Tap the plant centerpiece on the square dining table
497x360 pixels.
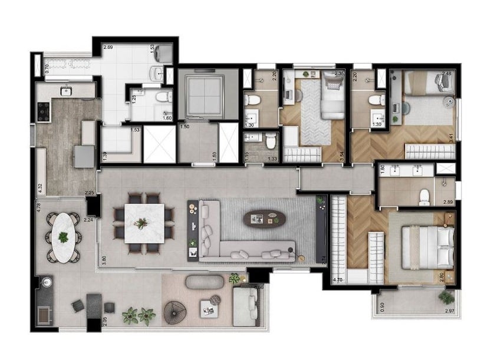click(x=141, y=223)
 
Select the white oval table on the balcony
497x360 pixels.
click(x=62, y=237)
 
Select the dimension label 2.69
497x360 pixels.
click(x=108, y=47)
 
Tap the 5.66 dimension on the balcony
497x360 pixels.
click(x=257, y=287)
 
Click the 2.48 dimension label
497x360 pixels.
click(x=447, y=74)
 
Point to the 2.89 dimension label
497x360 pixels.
click(x=447, y=202)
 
